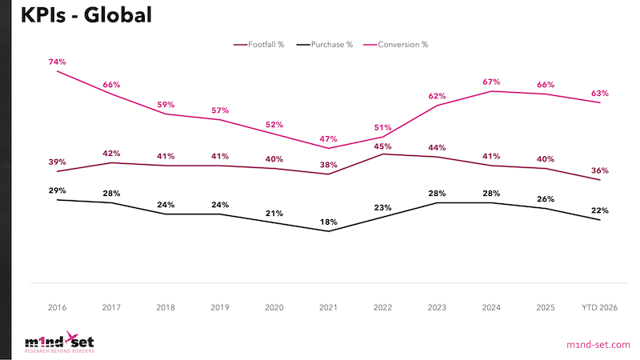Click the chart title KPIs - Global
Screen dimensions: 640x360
coord(86,15)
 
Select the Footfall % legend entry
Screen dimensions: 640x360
coord(258,45)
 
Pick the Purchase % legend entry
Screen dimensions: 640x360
coord(325,45)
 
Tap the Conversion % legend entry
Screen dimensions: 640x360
coord(396,45)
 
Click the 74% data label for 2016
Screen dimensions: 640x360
coord(57,62)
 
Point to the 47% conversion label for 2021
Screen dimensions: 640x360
coord(329,138)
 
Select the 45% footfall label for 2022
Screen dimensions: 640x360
coord(382,146)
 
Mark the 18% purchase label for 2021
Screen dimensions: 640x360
coord(329,222)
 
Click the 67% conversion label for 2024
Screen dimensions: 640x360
coord(491,82)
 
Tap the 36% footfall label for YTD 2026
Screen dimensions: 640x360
coord(599,170)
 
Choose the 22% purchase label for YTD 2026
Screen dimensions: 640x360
coord(599,210)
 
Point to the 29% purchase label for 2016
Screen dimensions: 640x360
coord(57,190)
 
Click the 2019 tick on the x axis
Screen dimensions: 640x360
coord(219,307)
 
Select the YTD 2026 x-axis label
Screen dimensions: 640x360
coord(599,307)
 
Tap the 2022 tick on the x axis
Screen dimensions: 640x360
coord(382,307)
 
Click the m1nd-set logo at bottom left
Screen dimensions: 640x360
coord(59,342)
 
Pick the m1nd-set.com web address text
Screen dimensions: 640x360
coord(598,345)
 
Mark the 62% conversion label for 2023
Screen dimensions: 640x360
coord(437,96)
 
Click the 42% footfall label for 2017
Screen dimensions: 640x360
coord(111,153)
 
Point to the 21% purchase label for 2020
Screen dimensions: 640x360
coord(274,213)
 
